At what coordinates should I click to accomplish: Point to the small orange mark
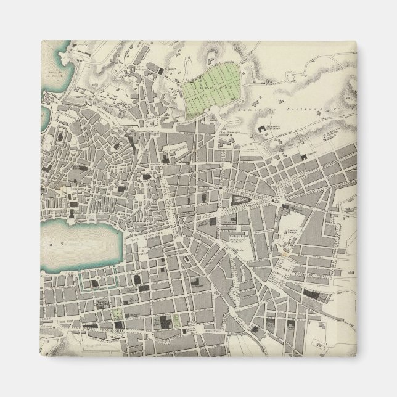(x=286, y=252)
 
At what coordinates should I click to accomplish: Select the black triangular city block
(x=240, y=198)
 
